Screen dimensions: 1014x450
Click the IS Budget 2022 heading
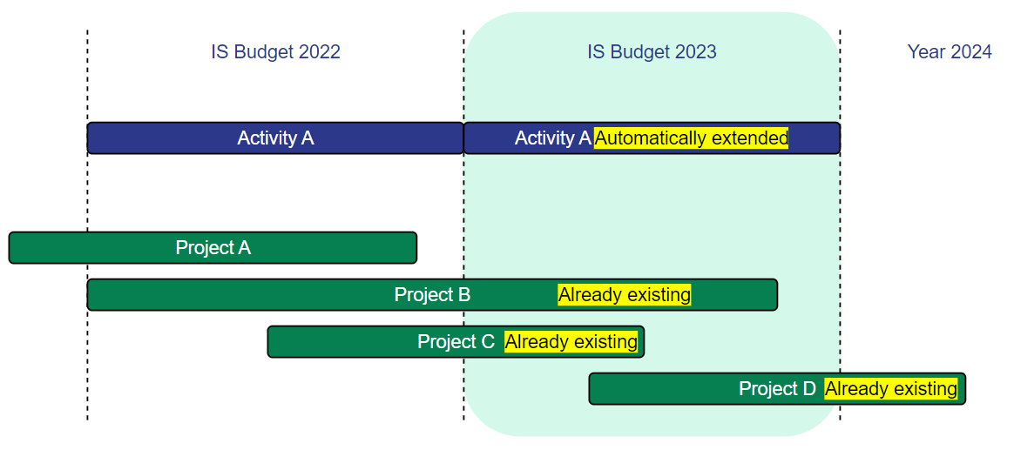pos(275,51)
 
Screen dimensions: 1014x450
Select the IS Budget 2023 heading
pos(652,51)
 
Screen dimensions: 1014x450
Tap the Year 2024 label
pos(950,51)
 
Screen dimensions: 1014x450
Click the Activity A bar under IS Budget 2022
pos(275,138)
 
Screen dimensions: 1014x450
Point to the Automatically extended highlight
pos(692,138)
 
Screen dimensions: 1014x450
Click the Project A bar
pos(213,247)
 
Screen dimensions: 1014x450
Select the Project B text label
pos(432,295)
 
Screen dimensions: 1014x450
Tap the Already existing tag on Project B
pos(625,295)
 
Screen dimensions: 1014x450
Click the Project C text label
pos(456,341)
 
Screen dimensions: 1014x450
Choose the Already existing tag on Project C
pos(571,341)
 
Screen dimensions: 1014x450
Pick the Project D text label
pos(777,388)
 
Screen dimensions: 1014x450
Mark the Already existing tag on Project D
pos(891,388)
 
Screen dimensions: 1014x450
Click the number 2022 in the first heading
pos(320,51)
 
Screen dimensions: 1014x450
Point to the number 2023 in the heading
pos(696,51)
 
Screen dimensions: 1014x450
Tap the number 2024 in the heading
pos(971,51)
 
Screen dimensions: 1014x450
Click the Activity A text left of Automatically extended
pos(553,138)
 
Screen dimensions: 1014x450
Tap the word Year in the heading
pos(927,51)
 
